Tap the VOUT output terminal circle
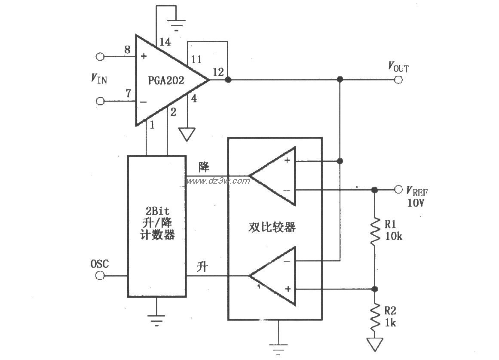(x=398, y=80)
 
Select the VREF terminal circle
(x=398, y=190)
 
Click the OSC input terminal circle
(x=100, y=276)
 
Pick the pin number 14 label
(x=165, y=42)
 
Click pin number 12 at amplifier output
(x=218, y=73)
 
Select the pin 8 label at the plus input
(x=127, y=49)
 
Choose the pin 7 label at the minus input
(x=127, y=93)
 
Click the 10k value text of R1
(x=393, y=236)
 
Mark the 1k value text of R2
(x=390, y=323)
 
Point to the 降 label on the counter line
(x=203, y=167)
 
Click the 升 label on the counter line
(x=202, y=267)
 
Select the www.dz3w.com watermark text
(x=217, y=181)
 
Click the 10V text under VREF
(x=416, y=203)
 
